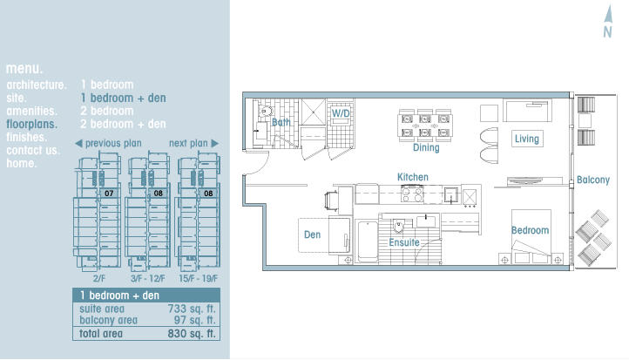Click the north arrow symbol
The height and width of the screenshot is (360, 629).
pos(609,22)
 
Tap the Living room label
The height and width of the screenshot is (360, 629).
pos(527,139)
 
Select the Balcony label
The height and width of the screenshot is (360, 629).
pos(593,180)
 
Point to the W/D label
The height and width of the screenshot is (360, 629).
pos(341,113)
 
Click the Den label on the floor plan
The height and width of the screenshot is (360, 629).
pos(312,234)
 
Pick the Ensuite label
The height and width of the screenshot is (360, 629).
pos(404,242)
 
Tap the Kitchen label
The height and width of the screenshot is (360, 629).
pos(413,177)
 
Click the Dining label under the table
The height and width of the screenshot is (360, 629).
pos(426,147)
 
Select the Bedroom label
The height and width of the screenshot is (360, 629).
pos(530,230)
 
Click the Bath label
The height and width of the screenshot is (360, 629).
pos(281,122)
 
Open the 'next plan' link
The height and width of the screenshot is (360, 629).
pos(193,143)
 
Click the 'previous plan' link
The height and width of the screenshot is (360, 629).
pos(108,143)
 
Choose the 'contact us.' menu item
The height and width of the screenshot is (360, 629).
pos(33,151)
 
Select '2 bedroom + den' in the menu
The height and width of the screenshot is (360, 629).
pos(123,124)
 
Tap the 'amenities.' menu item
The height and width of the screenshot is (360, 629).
pos(31,112)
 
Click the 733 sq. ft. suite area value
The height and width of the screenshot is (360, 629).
pos(192,309)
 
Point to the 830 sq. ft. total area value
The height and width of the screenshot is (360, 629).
pos(192,334)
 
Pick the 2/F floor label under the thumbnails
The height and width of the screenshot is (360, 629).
pos(98,279)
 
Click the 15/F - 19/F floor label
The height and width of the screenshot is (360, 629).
pos(198,279)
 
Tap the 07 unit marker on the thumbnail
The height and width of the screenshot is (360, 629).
pos(109,194)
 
